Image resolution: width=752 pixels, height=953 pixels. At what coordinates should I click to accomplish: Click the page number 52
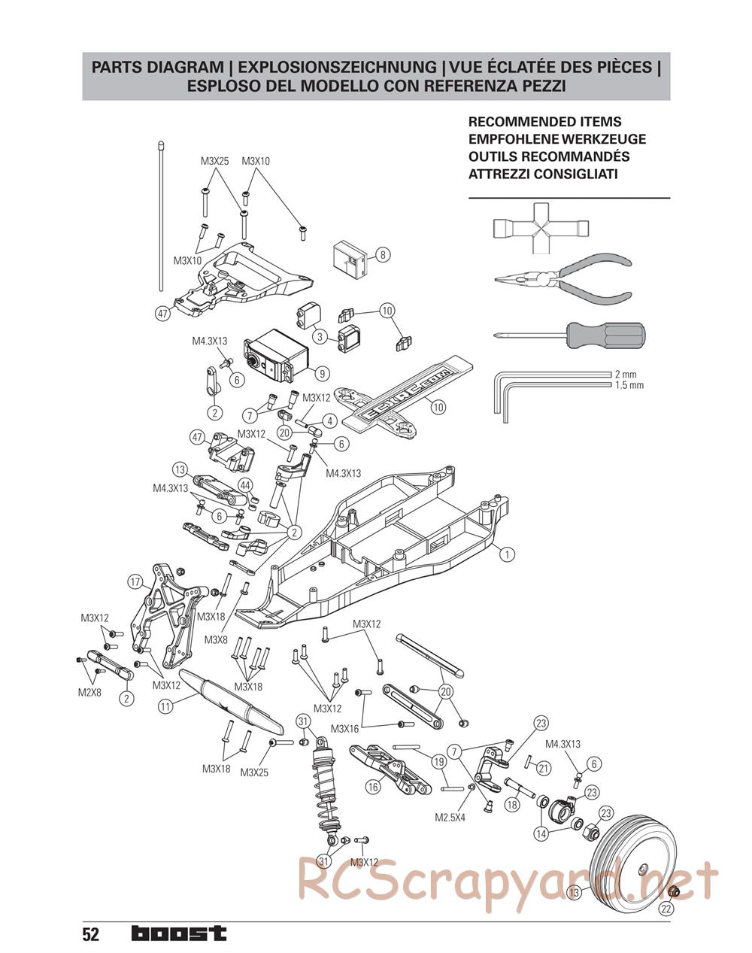point(91,934)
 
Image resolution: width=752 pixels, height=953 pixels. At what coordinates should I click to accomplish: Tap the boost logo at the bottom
point(178,933)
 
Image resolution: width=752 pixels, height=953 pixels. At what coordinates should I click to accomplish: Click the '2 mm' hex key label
point(626,374)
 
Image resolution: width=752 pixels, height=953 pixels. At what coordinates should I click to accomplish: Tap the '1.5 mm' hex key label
point(629,385)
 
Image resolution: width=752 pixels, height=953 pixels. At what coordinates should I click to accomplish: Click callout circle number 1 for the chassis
point(508,554)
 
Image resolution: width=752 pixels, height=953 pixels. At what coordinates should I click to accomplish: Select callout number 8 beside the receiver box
point(382,255)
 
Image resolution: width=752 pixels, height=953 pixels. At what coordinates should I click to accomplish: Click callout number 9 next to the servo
point(321,372)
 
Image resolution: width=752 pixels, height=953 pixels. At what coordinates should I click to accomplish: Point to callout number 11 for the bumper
point(166,706)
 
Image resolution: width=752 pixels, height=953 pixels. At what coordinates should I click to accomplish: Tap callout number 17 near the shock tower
point(135,581)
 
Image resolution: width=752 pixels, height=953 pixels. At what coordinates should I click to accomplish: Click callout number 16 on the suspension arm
point(373,788)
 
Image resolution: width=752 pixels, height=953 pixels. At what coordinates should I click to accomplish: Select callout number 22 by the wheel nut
point(666,908)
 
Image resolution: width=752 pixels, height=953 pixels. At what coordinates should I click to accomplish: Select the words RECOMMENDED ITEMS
point(544,122)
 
